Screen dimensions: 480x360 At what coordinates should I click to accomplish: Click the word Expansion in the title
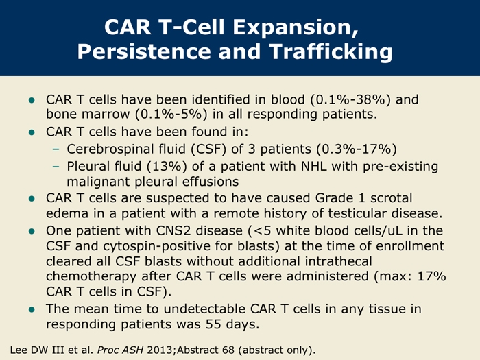tap(296, 27)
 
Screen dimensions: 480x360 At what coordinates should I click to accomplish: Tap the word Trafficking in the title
tap(331, 52)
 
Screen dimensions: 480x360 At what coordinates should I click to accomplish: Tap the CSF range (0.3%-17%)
tap(357, 149)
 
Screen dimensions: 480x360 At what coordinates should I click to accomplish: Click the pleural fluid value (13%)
tap(167, 167)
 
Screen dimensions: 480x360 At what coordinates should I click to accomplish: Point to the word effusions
tap(211, 182)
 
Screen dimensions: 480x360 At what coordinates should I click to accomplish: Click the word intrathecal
tap(338, 261)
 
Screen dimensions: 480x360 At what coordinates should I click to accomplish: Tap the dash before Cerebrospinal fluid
tap(56, 149)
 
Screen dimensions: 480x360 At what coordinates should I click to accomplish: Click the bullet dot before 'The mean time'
tap(32, 309)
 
